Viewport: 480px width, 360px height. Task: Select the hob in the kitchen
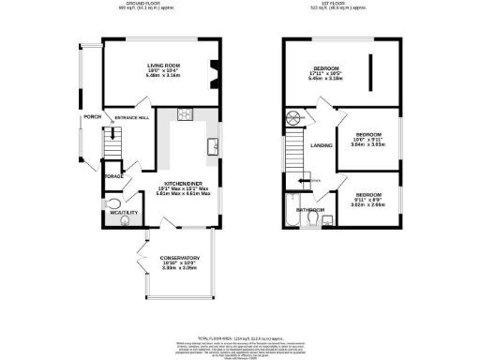[x=184, y=115]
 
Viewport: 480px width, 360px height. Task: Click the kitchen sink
[x=214, y=145]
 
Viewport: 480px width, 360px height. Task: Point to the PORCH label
[x=92, y=116]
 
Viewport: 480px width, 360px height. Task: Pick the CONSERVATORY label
[x=179, y=258]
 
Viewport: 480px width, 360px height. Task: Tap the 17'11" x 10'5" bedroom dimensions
[x=326, y=77]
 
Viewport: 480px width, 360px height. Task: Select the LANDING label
[x=321, y=145]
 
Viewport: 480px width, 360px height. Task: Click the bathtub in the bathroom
[x=290, y=214]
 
